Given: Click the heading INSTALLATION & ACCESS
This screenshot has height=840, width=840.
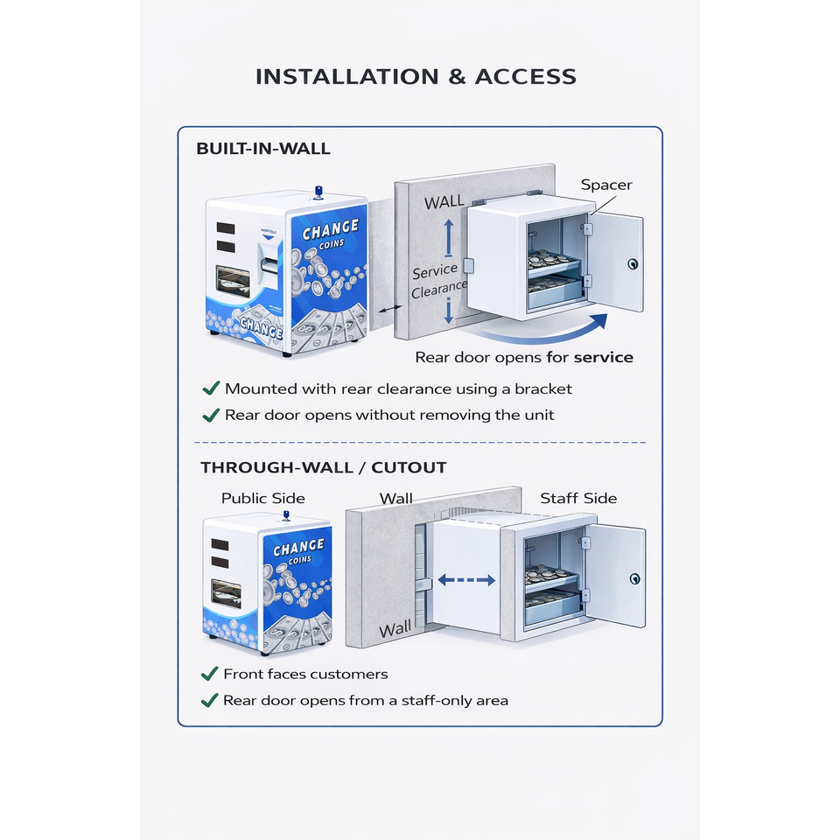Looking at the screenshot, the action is [416, 76].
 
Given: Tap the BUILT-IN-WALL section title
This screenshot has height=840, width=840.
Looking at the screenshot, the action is [263, 149].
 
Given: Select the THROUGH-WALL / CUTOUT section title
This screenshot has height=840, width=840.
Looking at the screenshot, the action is [324, 467].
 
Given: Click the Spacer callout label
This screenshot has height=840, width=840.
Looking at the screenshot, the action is [606, 185].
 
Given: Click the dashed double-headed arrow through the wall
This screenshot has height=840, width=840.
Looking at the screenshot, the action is [466, 579].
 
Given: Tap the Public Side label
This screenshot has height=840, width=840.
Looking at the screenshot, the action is [262, 498].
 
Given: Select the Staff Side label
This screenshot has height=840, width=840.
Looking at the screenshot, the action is [578, 498].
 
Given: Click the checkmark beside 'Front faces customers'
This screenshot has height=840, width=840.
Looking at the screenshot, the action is [209, 674].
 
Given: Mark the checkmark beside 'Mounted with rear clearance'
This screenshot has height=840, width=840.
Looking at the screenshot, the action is [210, 388].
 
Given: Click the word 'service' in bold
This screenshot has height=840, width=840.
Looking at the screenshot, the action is [603, 357].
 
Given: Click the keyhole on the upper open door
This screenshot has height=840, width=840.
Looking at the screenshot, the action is [633, 263].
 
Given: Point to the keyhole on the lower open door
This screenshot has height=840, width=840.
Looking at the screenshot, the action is [635, 578].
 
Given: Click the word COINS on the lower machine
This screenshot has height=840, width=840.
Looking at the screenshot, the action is [298, 560].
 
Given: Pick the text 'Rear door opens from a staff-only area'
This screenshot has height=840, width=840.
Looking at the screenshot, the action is [366, 700].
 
